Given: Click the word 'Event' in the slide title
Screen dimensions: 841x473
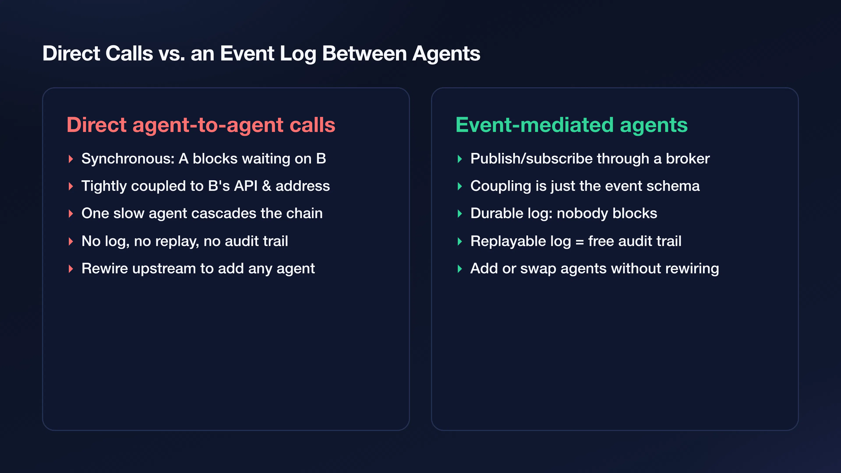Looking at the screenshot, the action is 247,53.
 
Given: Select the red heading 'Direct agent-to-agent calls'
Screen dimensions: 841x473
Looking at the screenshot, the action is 201,125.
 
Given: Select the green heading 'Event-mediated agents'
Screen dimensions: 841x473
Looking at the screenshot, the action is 571,125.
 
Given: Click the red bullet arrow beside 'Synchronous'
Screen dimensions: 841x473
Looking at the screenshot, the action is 71,159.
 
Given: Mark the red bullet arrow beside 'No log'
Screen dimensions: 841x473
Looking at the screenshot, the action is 71,242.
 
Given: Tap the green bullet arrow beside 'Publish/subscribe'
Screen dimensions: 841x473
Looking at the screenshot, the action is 460,159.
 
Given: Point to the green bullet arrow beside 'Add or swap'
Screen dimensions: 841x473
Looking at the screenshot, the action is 460,269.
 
